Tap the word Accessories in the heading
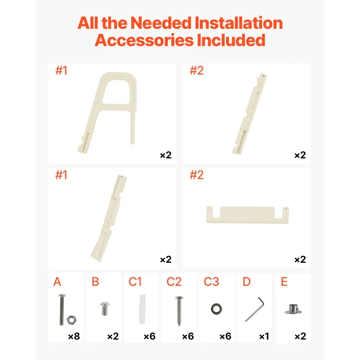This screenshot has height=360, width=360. click(144, 40)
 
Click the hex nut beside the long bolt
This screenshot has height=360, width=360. click(71, 320)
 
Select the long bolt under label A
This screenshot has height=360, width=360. click(62, 309)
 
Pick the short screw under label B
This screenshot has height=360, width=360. click(105, 309)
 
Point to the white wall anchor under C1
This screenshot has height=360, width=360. click(142, 309)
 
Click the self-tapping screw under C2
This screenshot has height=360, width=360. click(179, 311)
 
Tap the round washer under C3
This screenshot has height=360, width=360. click(216, 309)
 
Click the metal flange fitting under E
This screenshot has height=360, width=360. click(293, 309)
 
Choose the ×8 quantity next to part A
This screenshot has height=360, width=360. click(74, 336)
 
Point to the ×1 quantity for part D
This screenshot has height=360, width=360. click(264, 336)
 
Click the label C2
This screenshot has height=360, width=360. click(174, 282)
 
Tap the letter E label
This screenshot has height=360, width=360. click(284, 282)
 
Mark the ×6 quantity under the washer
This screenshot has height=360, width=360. click(225, 336)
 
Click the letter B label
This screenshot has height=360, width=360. click(95, 282)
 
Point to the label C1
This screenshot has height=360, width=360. click(135, 282)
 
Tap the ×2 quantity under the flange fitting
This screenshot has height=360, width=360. click(300, 336)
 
